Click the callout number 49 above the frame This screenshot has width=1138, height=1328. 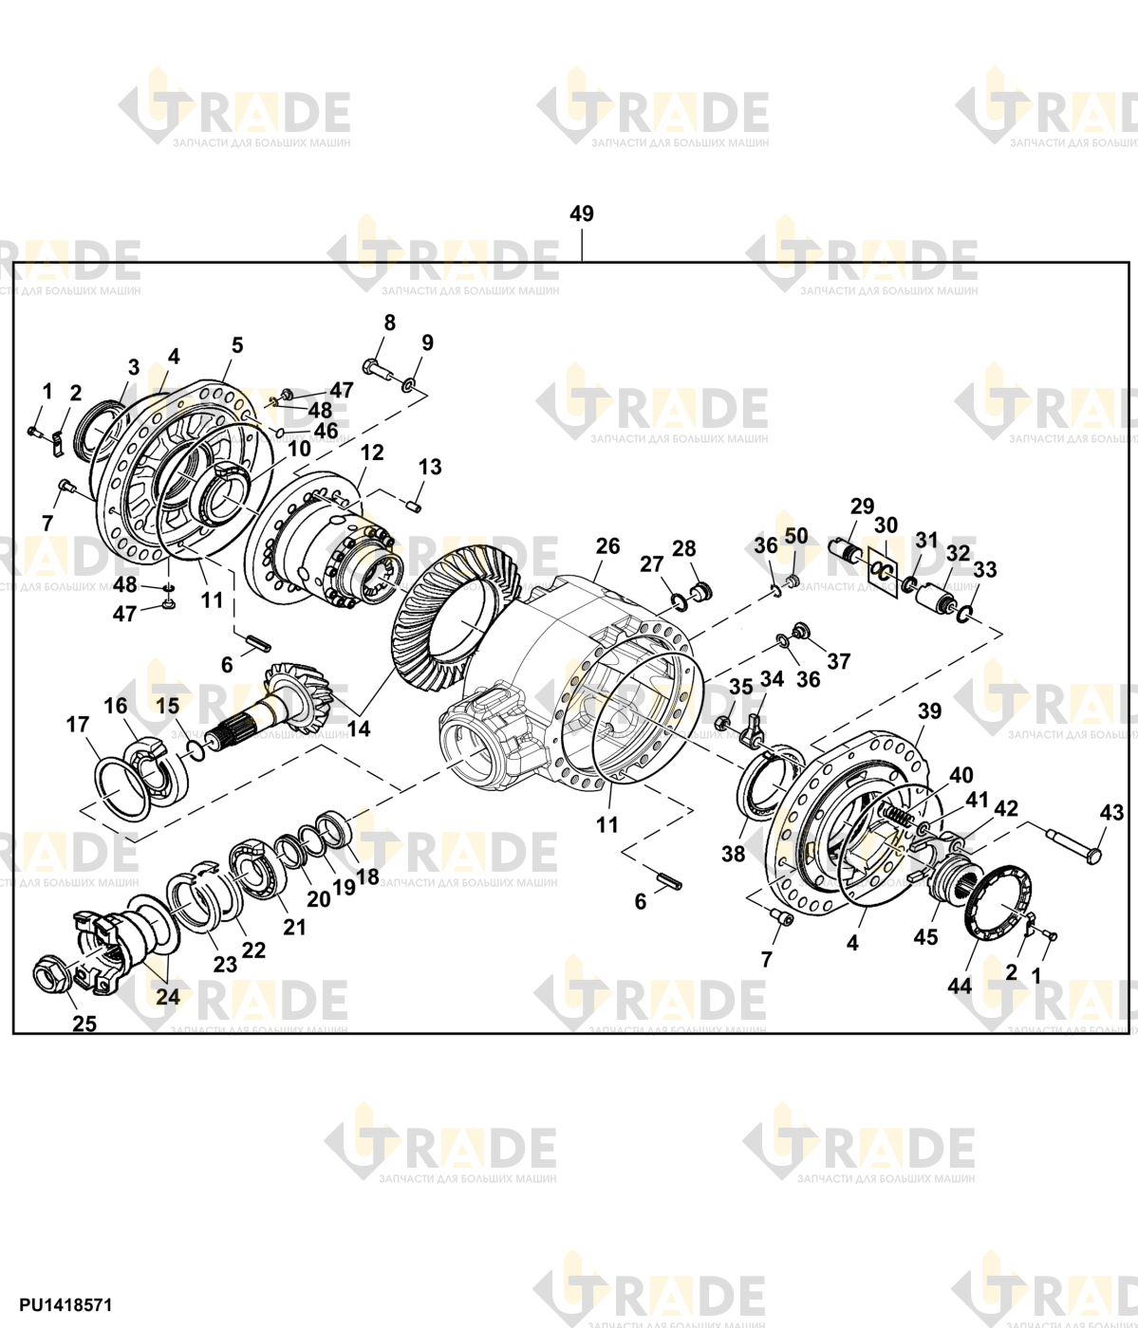click(581, 213)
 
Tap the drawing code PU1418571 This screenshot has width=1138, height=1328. click(65, 1305)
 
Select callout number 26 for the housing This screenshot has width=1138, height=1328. click(606, 546)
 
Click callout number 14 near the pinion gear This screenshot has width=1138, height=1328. click(359, 729)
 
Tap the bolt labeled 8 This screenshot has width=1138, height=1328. click(376, 369)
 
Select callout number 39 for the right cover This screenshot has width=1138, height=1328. click(929, 711)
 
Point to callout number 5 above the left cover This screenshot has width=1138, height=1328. click(237, 345)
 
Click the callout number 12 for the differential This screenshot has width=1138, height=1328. click(372, 452)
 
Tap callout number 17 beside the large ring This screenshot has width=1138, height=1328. click(77, 725)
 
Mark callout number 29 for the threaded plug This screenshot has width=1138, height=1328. click(862, 507)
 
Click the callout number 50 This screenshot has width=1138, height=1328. click(796, 536)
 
